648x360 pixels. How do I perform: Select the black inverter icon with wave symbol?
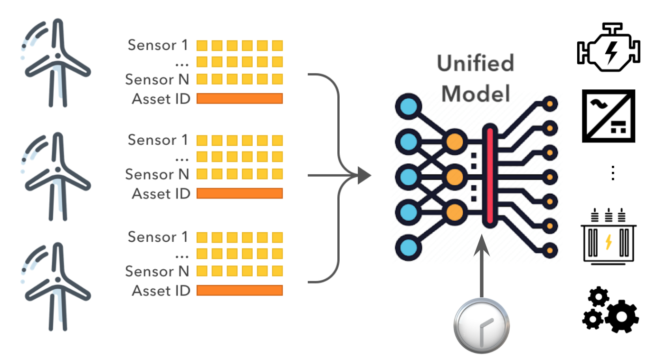tap(609, 116)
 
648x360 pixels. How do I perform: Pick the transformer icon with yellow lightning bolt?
tap(609, 236)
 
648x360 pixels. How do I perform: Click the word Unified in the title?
tap(476, 64)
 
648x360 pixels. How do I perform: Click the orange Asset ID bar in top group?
tap(239, 98)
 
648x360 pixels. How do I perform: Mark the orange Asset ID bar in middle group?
tap(239, 193)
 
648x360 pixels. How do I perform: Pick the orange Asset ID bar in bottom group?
tap(239, 290)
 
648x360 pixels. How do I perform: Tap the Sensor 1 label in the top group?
tap(158, 46)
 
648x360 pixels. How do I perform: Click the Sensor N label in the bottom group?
tap(157, 271)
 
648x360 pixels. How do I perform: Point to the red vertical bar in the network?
tap(489, 176)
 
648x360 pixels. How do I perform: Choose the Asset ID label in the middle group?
tap(161, 194)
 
